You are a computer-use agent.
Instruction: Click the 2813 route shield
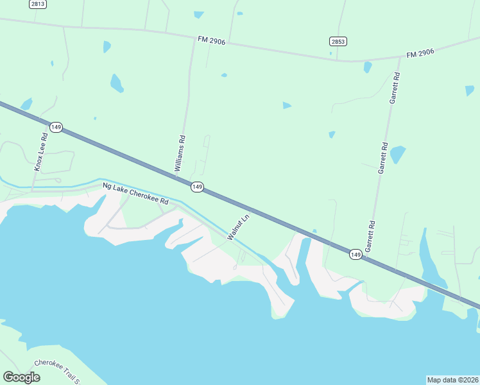click(x=38, y=4)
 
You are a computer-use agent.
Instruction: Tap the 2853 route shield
click(x=338, y=41)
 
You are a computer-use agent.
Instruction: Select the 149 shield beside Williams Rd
click(x=197, y=186)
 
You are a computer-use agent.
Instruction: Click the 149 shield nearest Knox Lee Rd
click(x=56, y=128)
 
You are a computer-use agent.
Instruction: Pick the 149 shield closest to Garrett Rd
click(x=356, y=255)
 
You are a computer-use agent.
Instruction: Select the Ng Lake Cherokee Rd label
click(x=135, y=193)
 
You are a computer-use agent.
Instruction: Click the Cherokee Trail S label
click(x=58, y=370)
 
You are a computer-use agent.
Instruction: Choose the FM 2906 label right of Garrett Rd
click(x=420, y=53)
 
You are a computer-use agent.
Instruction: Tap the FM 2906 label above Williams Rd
click(x=212, y=40)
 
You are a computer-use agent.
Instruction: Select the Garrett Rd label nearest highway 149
click(x=370, y=236)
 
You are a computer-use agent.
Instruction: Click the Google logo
click(x=21, y=377)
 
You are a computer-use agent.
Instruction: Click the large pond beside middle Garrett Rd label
click(x=398, y=154)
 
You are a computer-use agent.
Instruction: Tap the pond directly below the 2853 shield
click(x=368, y=67)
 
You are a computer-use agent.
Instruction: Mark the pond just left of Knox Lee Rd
click(x=26, y=104)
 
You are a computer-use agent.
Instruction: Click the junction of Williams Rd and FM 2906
click(x=194, y=39)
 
